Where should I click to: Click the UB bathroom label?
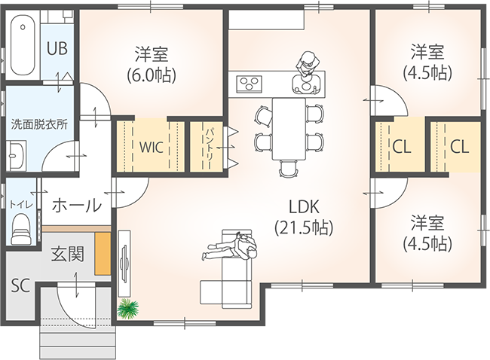click(57, 49)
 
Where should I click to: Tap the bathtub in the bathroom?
click(23, 45)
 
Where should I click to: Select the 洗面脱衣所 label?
click(39, 124)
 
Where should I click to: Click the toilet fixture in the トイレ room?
click(20, 228)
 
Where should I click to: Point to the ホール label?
click(77, 206)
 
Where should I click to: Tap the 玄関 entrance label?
click(68, 254)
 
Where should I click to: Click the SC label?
click(20, 285)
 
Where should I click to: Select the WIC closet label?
click(152, 147)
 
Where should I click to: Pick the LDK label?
click(304, 207)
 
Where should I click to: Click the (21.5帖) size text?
click(304, 228)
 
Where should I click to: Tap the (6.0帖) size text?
click(152, 75)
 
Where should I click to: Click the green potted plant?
click(127, 309)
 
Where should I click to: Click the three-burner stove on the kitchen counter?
click(249, 84)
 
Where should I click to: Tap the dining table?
click(289, 129)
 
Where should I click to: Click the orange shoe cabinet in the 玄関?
click(103, 254)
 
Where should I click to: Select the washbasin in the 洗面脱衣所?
click(17, 155)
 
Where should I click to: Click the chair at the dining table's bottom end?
click(288, 169)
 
